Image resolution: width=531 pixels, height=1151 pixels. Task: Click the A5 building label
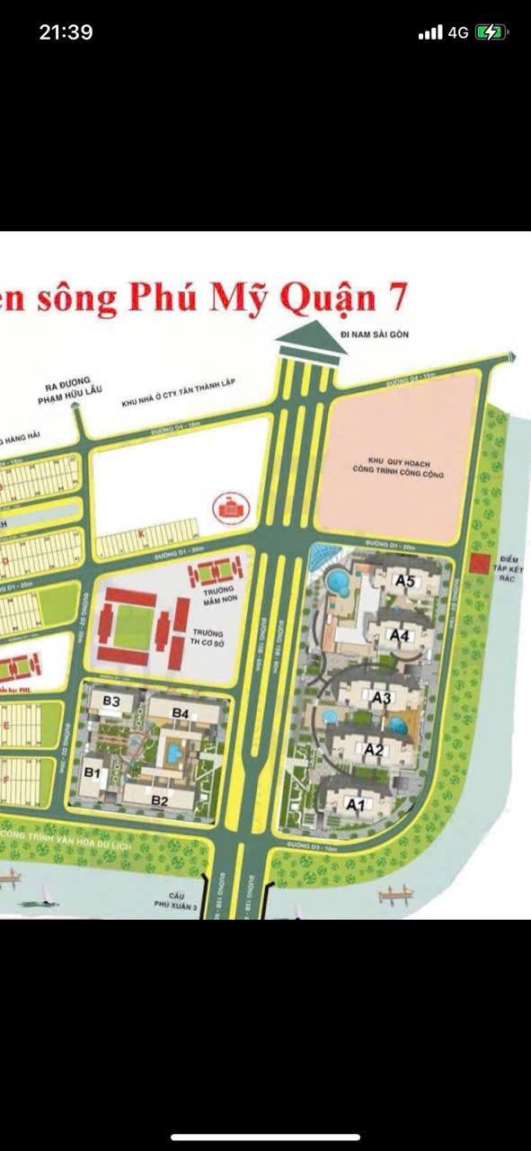[405, 581]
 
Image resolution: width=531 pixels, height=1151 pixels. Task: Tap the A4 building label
[400, 635]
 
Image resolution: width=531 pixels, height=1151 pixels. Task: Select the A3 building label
[382, 697]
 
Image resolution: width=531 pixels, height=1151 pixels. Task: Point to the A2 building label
[374, 749]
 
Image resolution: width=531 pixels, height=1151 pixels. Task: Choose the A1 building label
[355, 805]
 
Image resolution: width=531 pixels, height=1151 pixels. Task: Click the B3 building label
[112, 700]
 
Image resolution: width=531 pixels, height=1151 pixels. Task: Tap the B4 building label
[181, 713]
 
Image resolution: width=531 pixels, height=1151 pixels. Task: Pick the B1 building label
[93, 772]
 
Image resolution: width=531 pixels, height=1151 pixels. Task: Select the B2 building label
[161, 800]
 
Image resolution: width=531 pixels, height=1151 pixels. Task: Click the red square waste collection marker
[478, 564]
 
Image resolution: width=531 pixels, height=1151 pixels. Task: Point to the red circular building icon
[228, 509]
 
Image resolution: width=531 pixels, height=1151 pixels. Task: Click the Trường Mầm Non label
[215, 596]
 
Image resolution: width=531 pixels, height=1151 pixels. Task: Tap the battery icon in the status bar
[491, 32]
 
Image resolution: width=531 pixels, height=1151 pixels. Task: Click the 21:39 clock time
[66, 32]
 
